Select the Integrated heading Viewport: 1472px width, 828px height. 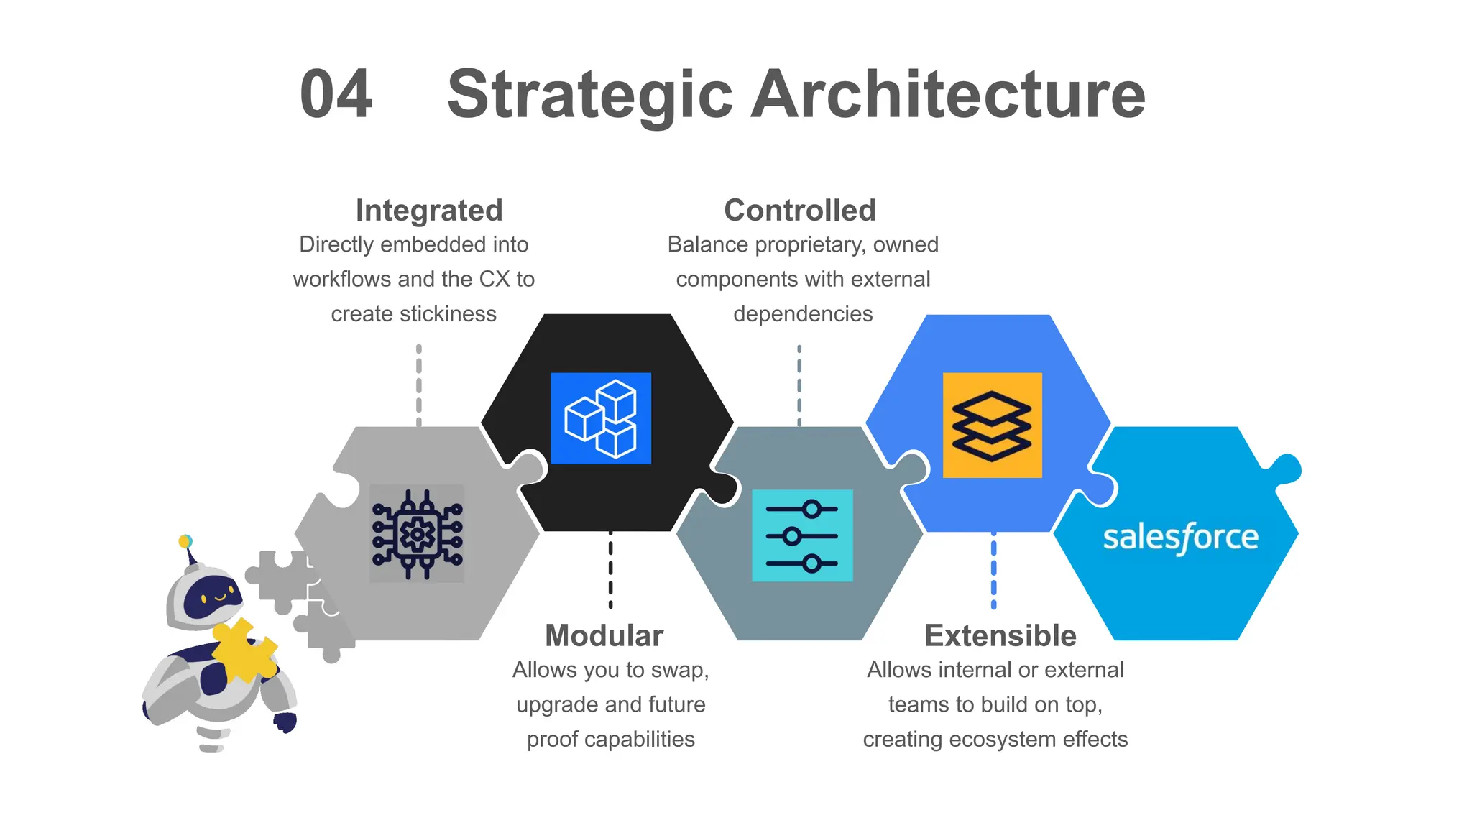click(x=429, y=211)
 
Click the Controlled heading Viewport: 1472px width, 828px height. click(x=800, y=211)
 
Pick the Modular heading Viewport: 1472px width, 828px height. click(x=604, y=635)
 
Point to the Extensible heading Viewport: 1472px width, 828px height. click(x=1000, y=635)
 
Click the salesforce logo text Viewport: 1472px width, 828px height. click(x=1180, y=538)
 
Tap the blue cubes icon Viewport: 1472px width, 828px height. click(x=601, y=418)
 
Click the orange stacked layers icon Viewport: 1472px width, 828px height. click(x=992, y=425)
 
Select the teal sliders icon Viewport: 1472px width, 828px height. click(x=802, y=535)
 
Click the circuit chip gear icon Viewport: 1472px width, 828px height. click(x=417, y=534)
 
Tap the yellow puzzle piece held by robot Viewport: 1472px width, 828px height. click(x=244, y=650)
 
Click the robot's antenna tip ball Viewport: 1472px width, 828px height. click(x=185, y=540)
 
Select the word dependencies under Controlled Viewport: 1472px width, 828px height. click(x=803, y=314)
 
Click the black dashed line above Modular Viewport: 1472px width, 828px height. click(x=610, y=571)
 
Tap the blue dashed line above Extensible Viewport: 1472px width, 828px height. click(x=993, y=571)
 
